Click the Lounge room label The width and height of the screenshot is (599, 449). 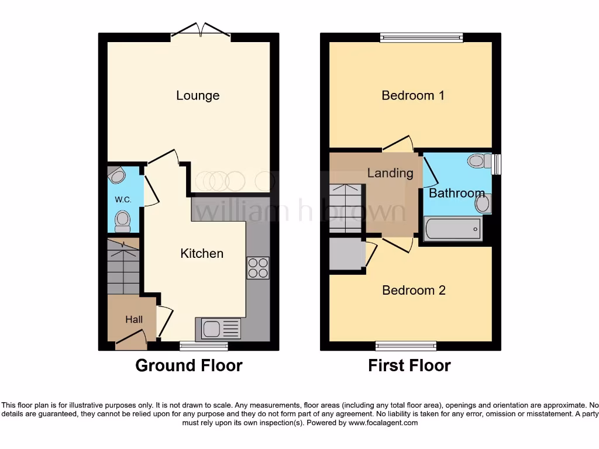coord(198,95)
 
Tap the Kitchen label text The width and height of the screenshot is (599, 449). coord(202,253)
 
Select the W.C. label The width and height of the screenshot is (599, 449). coord(123,199)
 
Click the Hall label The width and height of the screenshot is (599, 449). coord(134,320)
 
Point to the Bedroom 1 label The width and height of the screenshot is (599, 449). coord(413,95)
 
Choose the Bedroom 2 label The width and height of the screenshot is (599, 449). coord(414,290)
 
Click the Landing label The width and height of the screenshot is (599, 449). coord(390,173)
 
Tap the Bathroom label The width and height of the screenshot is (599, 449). coord(457,193)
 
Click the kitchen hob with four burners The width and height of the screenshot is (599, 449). coord(258,268)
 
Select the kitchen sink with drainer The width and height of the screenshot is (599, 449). coord(221,329)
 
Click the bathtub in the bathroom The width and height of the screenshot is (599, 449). coord(453,229)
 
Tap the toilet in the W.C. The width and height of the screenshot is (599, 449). coord(123,220)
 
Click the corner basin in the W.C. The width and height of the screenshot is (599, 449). coord(117,175)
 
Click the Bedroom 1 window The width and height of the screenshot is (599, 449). coord(421,37)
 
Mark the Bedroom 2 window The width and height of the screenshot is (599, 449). coord(405,346)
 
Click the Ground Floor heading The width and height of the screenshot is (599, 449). coord(189,366)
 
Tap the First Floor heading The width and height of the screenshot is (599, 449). coord(409,366)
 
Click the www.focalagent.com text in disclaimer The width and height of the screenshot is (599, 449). coord(383,423)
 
